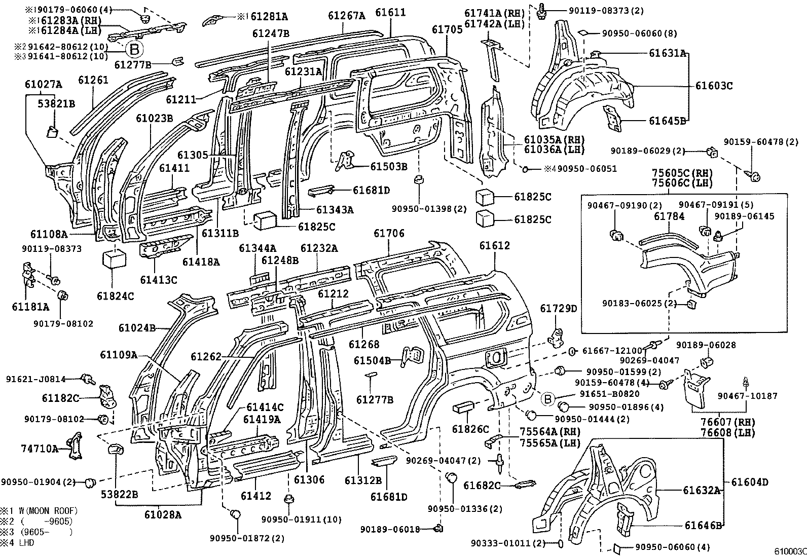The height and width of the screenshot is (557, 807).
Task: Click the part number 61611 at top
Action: [x=390, y=12]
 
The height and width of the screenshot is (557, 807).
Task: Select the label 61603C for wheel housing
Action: [x=714, y=86]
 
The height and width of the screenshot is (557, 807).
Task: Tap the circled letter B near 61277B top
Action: [x=134, y=49]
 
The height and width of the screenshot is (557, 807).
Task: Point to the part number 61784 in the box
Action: [x=669, y=216]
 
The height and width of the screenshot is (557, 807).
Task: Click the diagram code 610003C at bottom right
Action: [x=789, y=551]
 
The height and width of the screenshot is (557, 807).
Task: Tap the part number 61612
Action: [x=494, y=246]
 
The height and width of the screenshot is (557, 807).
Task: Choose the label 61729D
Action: [x=558, y=309]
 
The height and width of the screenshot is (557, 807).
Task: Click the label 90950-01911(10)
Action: [x=301, y=519]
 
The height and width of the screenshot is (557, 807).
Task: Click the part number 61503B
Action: [x=388, y=166]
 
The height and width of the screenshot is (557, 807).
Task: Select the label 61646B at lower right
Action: [x=703, y=526]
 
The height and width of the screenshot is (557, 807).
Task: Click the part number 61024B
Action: [x=137, y=328]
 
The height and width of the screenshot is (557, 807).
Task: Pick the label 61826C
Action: [x=470, y=429]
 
